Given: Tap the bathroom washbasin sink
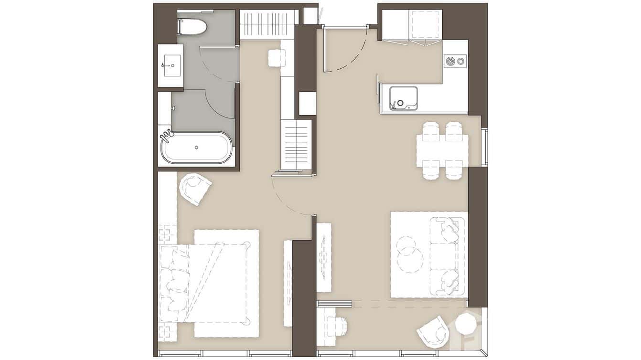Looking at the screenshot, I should point(171,65).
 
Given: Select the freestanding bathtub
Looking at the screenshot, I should point(196,148).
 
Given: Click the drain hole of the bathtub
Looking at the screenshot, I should point(196,148).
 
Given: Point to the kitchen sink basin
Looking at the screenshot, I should point(403,98).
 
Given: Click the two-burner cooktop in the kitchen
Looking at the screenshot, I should point(455,61).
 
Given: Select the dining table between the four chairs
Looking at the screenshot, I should point(442,150).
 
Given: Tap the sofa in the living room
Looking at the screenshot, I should point(448,255).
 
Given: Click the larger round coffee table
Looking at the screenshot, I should point(409,260).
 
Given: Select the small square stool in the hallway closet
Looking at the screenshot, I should point(277,58).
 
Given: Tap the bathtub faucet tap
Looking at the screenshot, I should point(166,136).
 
